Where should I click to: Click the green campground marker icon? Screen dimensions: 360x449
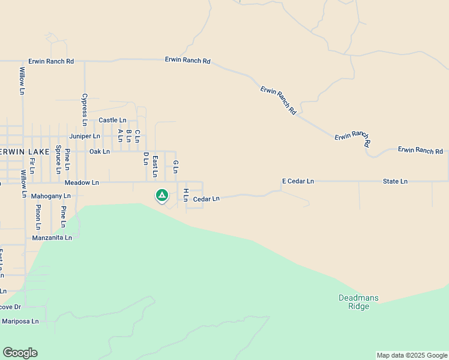click(161, 195)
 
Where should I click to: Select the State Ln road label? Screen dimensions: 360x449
click(395, 181)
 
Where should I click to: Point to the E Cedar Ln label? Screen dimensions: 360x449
click(298, 181)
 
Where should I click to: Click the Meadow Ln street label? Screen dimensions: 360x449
click(82, 182)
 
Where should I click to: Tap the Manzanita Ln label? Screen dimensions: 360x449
click(52, 238)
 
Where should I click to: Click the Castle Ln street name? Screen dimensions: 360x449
click(112, 121)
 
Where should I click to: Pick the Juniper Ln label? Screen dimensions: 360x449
click(85, 136)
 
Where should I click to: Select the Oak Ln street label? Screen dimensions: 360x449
click(100, 152)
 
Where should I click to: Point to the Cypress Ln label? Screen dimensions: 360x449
click(85, 109)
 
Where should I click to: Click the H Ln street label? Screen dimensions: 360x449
click(186, 194)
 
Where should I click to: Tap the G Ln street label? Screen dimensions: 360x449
click(176, 166)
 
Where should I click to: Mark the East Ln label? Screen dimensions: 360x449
click(155, 166)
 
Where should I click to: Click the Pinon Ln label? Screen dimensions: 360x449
click(38, 217)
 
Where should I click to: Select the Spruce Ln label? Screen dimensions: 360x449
click(58, 159)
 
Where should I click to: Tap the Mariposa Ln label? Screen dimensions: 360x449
click(20, 322)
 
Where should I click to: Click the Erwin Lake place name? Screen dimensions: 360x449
click(24, 152)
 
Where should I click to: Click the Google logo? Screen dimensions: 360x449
click(20, 353)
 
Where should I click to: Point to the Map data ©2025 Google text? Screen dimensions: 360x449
click(412, 355)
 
